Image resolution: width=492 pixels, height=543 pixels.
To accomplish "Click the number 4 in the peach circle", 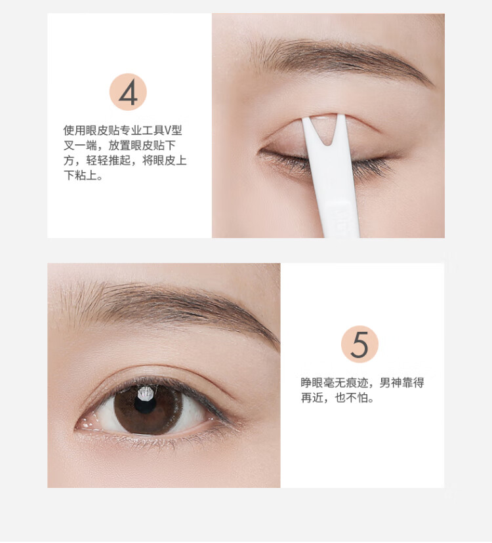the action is point(128,94).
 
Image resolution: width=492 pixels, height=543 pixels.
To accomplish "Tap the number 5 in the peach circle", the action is point(359,344).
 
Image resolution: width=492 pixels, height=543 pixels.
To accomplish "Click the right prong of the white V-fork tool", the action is point(340,130).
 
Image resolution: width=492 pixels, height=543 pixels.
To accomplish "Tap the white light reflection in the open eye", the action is point(146,393).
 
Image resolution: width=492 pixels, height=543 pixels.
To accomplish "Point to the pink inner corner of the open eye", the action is point(87,424).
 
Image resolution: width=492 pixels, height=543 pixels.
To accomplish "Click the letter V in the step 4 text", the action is point(167,131).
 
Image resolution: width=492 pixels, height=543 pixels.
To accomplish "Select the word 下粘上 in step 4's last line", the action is point(80,176).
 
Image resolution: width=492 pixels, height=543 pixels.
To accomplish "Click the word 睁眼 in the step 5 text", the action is point(312,383).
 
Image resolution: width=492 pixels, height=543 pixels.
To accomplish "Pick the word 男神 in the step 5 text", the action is point(391,383).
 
